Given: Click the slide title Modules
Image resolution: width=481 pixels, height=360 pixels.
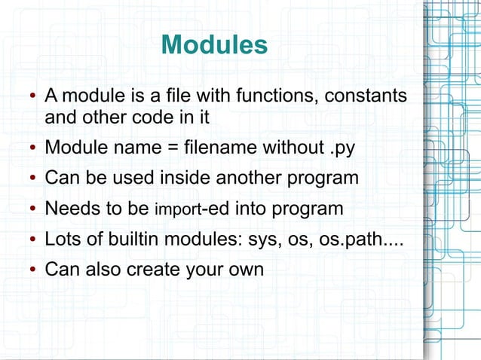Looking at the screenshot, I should [x=214, y=45].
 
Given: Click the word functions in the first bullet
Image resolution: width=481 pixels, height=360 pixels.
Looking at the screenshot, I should [x=270, y=97].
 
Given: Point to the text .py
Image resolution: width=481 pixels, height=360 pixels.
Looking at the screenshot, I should [x=342, y=145].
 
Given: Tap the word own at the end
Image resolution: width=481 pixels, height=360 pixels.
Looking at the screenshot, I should [x=245, y=269].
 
